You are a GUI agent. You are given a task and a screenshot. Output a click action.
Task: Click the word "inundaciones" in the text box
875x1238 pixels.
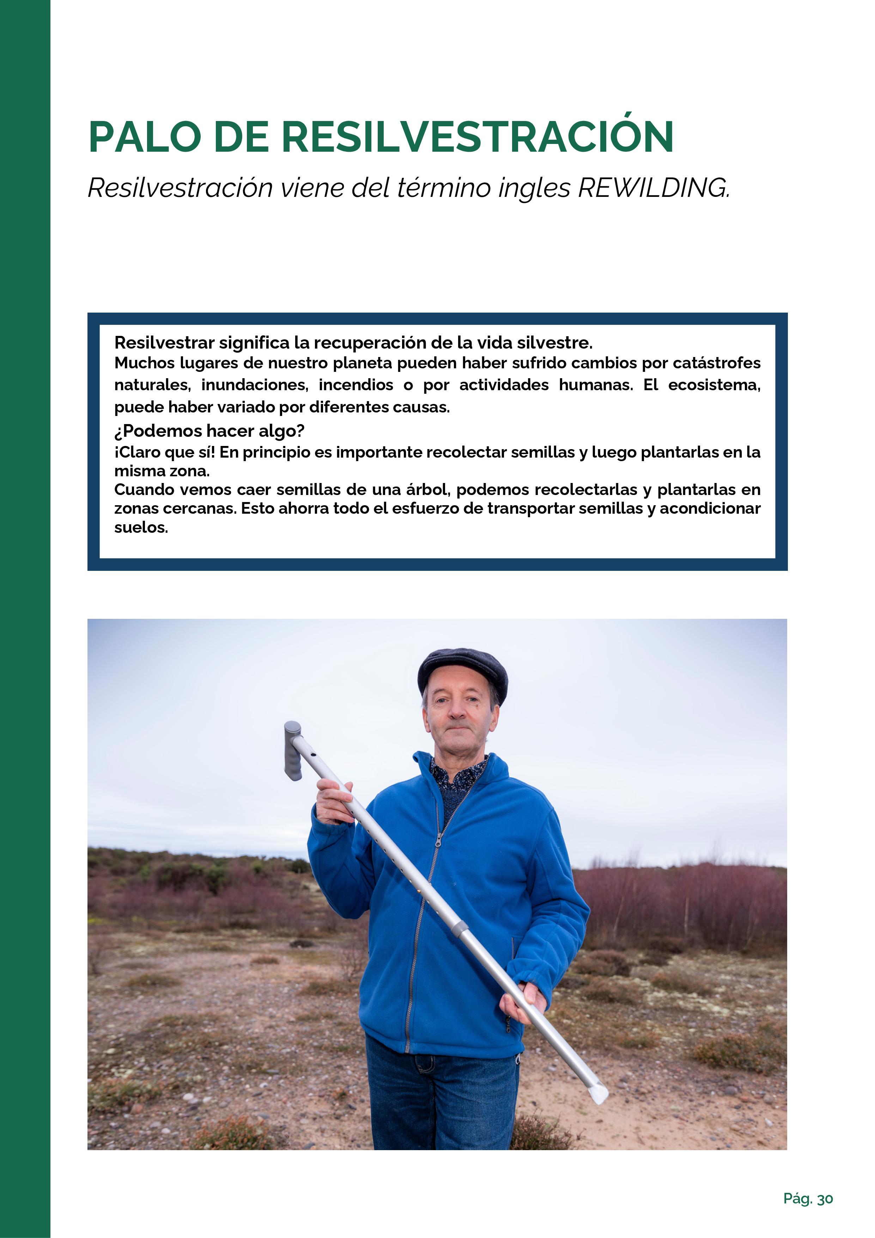point(255,385)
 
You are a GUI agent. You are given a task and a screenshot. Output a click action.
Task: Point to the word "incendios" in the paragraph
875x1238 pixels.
point(356,385)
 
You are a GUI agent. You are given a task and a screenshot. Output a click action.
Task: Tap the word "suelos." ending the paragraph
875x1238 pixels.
point(141,527)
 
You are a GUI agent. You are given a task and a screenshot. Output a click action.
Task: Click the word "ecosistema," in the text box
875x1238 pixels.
point(714,385)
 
